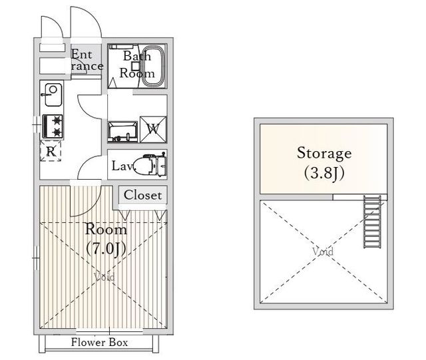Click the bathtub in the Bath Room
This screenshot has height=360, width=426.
[153, 67]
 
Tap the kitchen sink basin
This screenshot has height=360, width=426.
[53, 94]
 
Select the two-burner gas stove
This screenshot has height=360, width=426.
[53, 126]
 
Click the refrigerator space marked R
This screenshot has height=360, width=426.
[51, 151]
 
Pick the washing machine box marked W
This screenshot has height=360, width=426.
[153, 129]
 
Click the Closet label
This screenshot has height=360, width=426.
[142, 195]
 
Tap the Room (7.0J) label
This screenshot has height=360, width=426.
[106, 239]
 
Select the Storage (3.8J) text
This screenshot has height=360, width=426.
[324, 162]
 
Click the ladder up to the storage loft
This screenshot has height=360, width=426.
[372, 222]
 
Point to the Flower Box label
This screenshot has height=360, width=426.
[99, 342]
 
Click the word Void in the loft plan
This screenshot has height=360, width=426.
[323, 252]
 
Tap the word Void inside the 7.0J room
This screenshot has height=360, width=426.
[105, 277]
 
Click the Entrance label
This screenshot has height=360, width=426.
[87, 61]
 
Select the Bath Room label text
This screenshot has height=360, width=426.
[137, 65]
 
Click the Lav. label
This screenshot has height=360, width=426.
[122, 166]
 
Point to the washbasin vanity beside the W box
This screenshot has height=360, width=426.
[122, 132]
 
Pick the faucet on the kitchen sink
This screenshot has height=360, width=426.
[46, 94]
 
